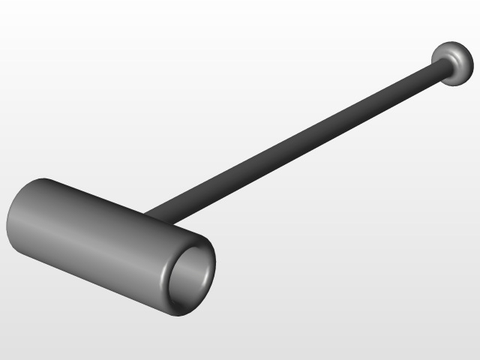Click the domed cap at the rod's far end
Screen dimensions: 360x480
point(453,61)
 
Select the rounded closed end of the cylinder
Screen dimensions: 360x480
point(16,217)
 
